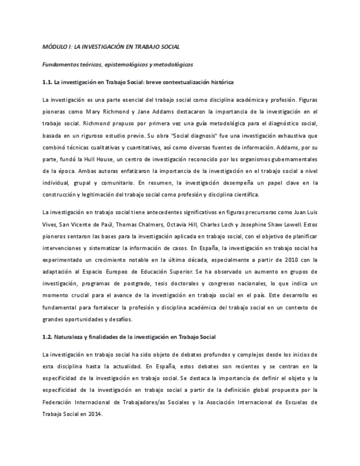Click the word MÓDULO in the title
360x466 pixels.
53,47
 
